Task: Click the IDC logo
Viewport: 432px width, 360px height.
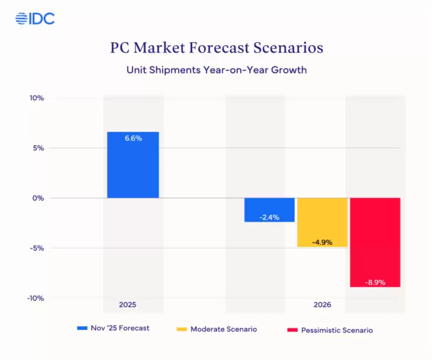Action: click(x=35, y=18)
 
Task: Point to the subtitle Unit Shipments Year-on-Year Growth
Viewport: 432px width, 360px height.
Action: click(x=216, y=70)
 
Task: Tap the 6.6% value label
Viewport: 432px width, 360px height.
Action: click(x=133, y=138)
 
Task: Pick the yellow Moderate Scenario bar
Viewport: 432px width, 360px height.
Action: click(x=322, y=222)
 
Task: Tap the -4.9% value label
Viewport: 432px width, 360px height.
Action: click(x=322, y=242)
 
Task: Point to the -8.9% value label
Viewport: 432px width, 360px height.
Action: click(x=375, y=282)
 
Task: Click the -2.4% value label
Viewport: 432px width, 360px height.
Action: click(x=269, y=217)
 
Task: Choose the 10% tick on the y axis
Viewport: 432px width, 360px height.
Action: click(x=37, y=98)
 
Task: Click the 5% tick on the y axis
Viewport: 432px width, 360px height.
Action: click(x=39, y=148)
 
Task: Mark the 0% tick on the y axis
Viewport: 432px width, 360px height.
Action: click(x=39, y=198)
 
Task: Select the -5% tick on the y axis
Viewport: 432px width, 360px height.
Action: click(x=37, y=248)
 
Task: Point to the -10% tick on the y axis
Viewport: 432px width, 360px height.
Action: click(x=36, y=298)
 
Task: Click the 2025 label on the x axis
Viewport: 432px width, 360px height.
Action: click(x=128, y=305)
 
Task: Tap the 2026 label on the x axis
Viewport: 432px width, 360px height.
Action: click(x=323, y=305)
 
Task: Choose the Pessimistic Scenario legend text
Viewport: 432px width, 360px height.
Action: click(x=338, y=330)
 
